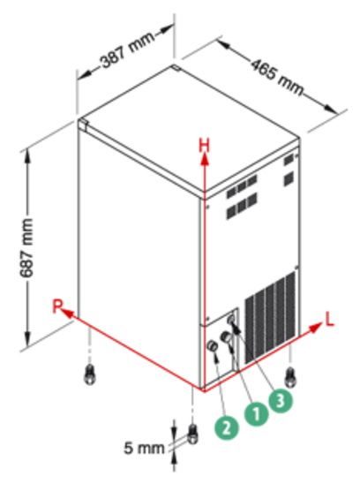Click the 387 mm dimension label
[x=128, y=49]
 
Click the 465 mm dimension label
[x=276, y=76]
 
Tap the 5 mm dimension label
[x=144, y=448]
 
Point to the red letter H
[x=204, y=146]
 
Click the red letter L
[x=329, y=320]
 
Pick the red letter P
[x=57, y=306]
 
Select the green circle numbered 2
[x=227, y=428]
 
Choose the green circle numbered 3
[x=280, y=401]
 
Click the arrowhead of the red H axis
[x=204, y=160]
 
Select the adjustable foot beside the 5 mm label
[x=193, y=434]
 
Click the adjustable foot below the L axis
[x=290, y=376]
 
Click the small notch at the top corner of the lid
[x=176, y=67]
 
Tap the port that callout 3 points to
[x=231, y=319]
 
